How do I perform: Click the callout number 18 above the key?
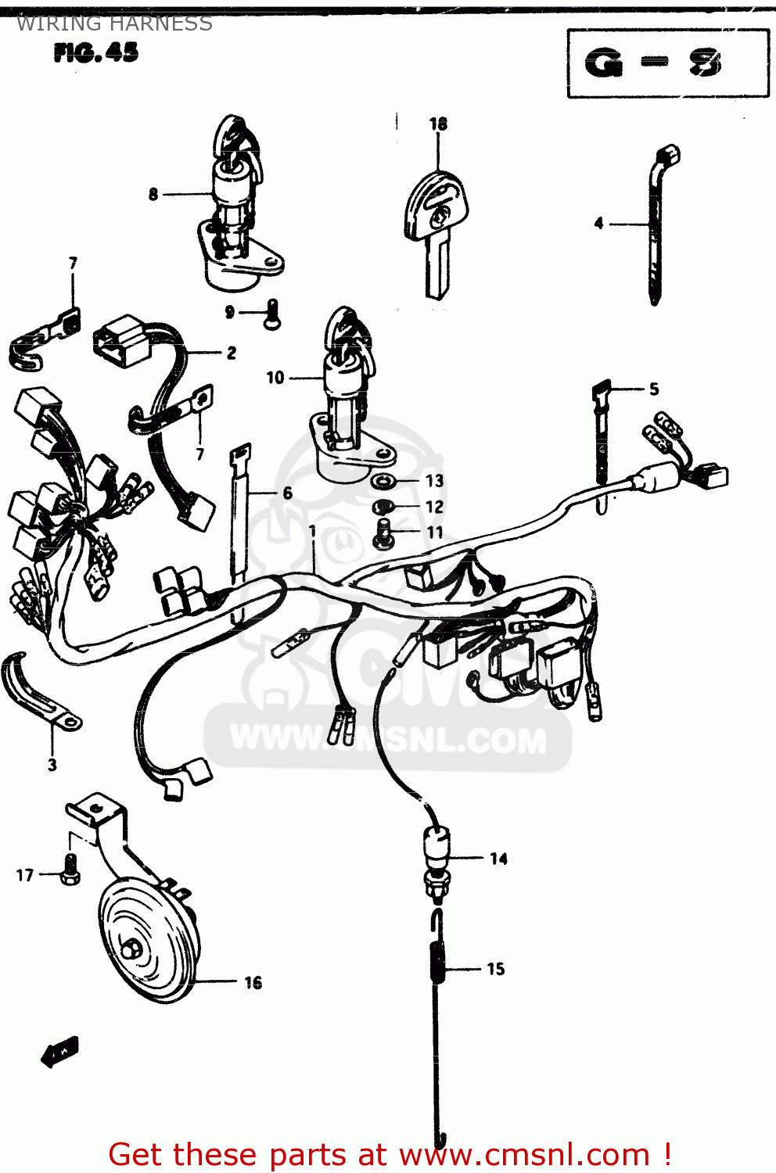coord(438,124)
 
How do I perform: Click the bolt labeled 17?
coord(70,870)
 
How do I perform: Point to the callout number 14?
coord(498,859)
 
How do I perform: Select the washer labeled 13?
coord(383,480)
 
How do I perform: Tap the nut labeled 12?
coord(382,507)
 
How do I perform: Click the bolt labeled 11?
coord(383,533)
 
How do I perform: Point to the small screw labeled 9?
coord(271,314)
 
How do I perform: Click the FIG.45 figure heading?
coord(96,52)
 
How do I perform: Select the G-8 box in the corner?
coord(667,63)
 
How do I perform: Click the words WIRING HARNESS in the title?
coord(114,23)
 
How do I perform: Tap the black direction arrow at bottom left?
coord(60,1052)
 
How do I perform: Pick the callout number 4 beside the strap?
coord(598,224)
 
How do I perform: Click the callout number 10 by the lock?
coord(275,378)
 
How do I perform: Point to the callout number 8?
coord(153,194)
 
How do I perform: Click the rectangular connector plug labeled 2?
coord(121,342)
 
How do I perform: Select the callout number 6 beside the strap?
coord(287,493)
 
